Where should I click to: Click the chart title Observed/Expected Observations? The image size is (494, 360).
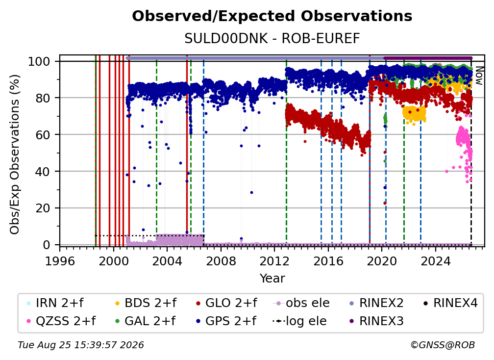point(272,16)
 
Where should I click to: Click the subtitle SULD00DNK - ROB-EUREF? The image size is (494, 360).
point(272,39)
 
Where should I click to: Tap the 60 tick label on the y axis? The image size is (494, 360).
point(43,134)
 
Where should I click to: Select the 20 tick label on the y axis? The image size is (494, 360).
point(43,208)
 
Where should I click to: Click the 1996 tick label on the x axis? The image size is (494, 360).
point(60,261)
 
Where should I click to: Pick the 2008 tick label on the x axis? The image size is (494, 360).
point(221,261)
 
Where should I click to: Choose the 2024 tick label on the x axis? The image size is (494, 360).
point(435,261)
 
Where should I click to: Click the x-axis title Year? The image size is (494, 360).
point(272,279)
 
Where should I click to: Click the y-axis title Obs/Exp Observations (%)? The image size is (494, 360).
point(15,154)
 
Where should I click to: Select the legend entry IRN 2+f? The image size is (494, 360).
point(55,303)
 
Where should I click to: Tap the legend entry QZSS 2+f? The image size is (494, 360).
point(61,321)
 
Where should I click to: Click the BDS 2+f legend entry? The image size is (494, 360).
point(146,303)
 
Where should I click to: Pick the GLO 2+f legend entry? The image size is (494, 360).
point(226,303)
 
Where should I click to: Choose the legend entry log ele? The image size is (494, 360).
point(299,321)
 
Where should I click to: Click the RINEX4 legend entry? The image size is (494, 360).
point(450,303)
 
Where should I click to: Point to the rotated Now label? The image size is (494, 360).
point(479,76)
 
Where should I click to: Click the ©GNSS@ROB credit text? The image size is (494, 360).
point(443,345)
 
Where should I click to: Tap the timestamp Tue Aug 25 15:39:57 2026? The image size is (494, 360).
point(81,345)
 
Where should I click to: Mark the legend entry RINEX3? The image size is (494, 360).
point(376,321)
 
